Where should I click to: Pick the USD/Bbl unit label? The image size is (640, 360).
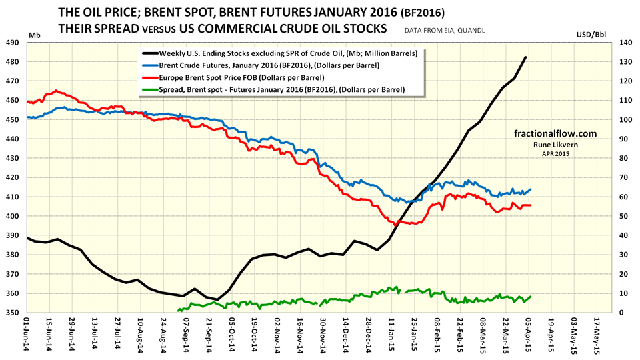(x=611, y=33)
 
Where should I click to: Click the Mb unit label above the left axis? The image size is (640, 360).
(x=35, y=33)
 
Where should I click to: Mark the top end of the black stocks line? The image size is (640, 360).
(x=526, y=57)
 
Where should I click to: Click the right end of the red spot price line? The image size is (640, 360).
(x=531, y=205)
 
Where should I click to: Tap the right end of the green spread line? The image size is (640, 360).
(x=531, y=296)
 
